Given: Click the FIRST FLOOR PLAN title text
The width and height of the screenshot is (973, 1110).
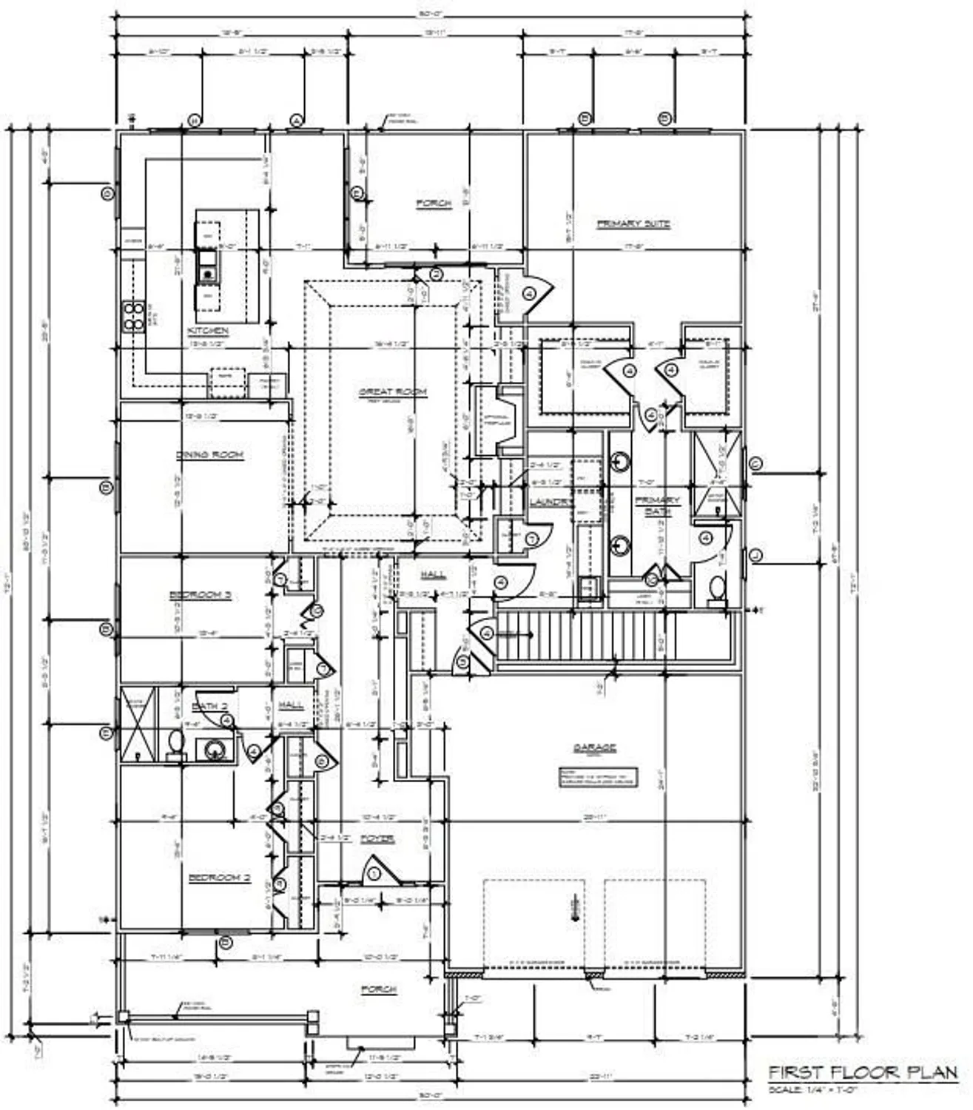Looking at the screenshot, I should (x=863, y=1072).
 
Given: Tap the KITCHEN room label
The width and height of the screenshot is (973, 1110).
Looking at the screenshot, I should (x=208, y=331).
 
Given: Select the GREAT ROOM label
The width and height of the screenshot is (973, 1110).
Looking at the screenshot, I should (x=393, y=391).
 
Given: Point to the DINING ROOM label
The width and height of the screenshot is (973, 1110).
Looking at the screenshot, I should (x=210, y=454).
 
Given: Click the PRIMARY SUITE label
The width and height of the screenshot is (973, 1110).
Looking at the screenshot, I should (x=633, y=223).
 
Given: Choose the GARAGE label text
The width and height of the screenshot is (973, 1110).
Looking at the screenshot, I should (x=595, y=748).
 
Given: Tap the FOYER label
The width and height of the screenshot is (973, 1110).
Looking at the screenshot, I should (x=377, y=839).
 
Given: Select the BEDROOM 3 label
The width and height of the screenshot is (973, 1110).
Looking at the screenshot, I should (x=201, y=595).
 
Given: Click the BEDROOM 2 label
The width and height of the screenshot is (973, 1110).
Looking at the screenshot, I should (x=220, y=878).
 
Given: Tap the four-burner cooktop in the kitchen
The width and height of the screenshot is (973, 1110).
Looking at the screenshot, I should (x=133, y=315).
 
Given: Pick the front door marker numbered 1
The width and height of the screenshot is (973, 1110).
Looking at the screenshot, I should (x=374, y=874).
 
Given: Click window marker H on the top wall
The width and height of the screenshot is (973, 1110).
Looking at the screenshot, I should (x=195, y=120).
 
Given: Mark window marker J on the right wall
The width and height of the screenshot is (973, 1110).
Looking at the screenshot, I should (x=755, y=555).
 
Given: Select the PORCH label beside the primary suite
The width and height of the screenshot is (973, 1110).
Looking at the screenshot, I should (x=433, y=203).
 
